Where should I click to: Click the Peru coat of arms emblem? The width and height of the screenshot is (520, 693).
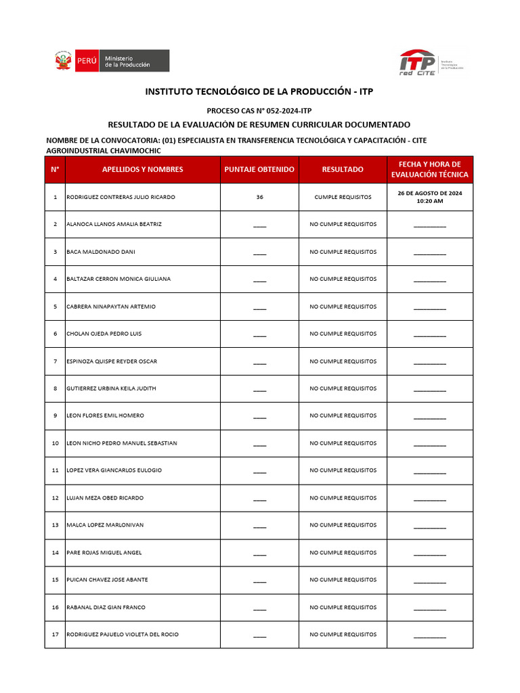(x=63, y=61)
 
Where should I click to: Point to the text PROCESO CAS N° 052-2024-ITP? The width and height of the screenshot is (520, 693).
(x=259, y=110)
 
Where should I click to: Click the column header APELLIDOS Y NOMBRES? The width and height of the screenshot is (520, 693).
(x=142, y=169)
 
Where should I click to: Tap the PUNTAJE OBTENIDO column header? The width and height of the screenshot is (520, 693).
(x=259, y=169)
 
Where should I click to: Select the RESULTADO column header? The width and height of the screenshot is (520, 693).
(x=343, y=169)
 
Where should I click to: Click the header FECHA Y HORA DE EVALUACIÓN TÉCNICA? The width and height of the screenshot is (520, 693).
(x=430, y=169)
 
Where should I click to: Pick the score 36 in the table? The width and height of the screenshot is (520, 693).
(x=259, y=197)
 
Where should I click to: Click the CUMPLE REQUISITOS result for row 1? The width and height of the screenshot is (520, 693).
(x=343, y=197)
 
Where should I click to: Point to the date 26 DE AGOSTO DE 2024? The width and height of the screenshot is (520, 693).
(x=430, y=193)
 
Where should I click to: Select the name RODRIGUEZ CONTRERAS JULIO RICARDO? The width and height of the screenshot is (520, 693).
(x=121, y=197)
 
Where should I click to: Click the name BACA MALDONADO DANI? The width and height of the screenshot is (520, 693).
(x=101, y=252)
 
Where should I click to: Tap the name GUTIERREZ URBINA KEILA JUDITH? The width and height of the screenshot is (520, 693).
(x=111, y=388)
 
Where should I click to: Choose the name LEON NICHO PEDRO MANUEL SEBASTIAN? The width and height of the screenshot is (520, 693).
(x=122, y=443)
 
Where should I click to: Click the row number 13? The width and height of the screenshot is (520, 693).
(x=55, y=525)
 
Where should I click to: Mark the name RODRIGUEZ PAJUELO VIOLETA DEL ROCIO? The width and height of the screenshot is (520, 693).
(x=123, y=635)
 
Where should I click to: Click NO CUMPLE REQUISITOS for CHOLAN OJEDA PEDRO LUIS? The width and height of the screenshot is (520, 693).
(x=343, y=334)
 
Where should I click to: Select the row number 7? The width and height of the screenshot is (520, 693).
(x=55, y=361)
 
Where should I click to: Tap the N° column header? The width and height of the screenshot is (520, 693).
(x=55, y=169)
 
